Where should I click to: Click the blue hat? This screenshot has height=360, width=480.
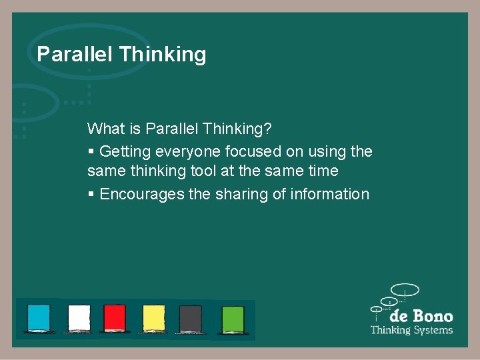click(x=39, y=318)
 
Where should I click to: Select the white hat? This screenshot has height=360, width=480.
click(x=79, y=318)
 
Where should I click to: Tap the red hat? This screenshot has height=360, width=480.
click(x=115, y=318)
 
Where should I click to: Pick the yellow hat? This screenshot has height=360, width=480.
click(x=153, y=318)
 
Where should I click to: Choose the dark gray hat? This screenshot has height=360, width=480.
click(x=191, y=318)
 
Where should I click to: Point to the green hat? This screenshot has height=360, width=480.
click(x=233, y=318)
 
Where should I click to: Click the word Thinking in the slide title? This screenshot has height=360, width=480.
click(x=162, y=54)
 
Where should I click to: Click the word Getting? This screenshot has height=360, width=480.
click(x=124, y=151)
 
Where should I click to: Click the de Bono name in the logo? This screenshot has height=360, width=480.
click(x=421, y=316)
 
